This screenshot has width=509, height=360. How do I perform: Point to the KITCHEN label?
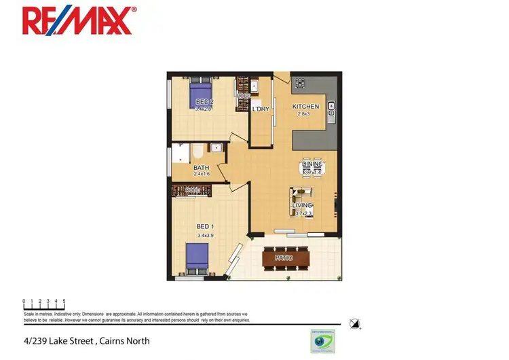pos(305,107)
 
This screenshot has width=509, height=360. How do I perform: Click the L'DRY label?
pos(261,109)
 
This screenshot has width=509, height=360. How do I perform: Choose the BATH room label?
pos(201,168)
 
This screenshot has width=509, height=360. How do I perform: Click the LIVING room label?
pos(302,205)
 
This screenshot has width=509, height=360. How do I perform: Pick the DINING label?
pos(312,164)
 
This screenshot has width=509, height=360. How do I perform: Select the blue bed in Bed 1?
pos(196,259)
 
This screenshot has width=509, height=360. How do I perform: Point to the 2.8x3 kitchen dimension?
pos(303,114)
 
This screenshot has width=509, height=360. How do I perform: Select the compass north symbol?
pos(354,323)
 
